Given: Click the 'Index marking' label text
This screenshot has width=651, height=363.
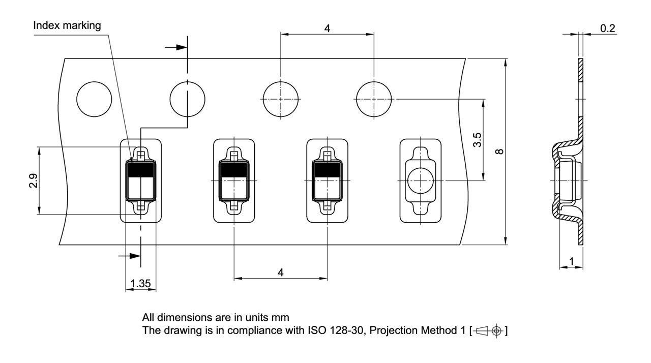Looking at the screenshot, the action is coord(67,25).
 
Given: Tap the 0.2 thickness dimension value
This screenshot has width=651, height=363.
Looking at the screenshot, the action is coord(607,28).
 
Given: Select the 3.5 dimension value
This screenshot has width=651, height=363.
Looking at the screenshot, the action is coord(477,140).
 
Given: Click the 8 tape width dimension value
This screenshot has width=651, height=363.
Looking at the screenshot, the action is coord(499,152).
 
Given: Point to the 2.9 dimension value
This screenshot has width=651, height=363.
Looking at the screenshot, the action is coord(34,180).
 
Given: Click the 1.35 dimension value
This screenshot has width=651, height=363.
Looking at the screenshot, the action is coord(141,283).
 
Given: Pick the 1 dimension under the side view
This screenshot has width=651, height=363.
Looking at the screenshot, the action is coord(571,261).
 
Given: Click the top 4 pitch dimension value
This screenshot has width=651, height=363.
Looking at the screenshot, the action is coord(327,28).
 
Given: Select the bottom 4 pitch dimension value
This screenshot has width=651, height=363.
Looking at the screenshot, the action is coord(280,273).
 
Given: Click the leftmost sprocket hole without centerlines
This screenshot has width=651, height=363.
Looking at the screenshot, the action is coord(94,99).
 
